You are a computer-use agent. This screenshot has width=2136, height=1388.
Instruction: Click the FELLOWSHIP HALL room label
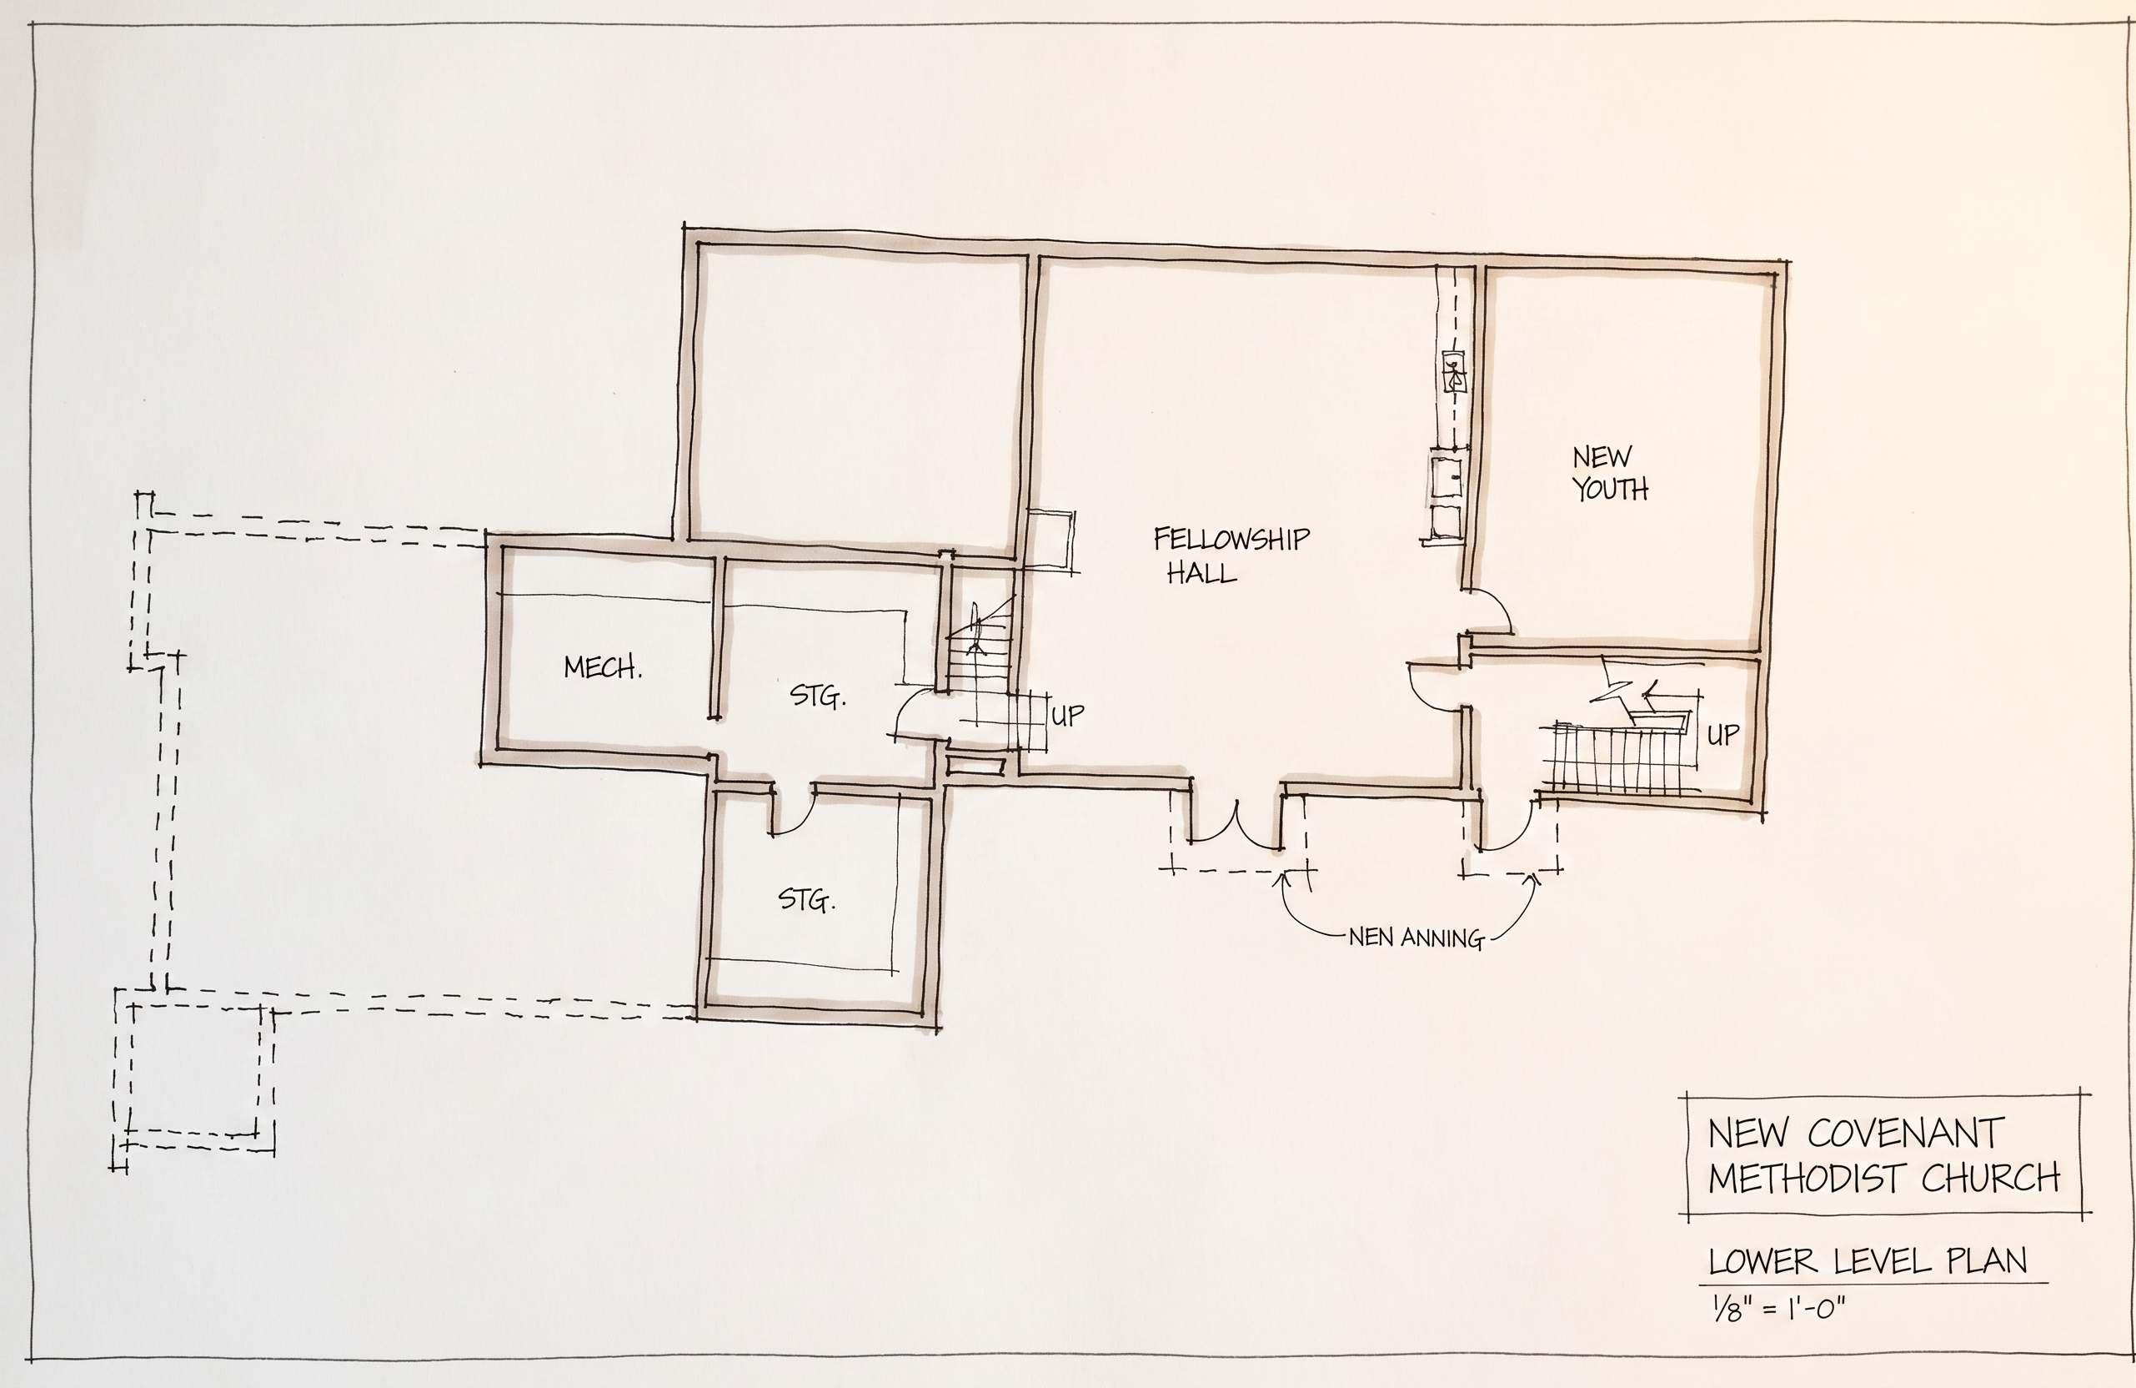click(x=1231, y=556)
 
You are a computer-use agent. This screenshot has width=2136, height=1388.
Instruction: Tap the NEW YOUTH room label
click(x=1609, y=473)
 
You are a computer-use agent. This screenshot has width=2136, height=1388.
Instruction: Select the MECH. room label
click(x=602, y=667)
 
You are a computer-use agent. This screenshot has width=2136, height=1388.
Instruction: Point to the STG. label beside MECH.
click(x=818, y=697)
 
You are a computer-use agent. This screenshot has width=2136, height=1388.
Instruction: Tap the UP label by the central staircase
click(x=1067, y=716)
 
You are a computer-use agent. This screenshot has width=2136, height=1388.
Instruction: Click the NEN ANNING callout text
click(x=1416, y=939)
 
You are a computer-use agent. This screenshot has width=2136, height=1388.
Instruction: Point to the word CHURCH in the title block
click(x=1990, y=1178)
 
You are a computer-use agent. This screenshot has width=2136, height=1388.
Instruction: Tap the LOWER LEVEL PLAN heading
click(x=1868, y=1261)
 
